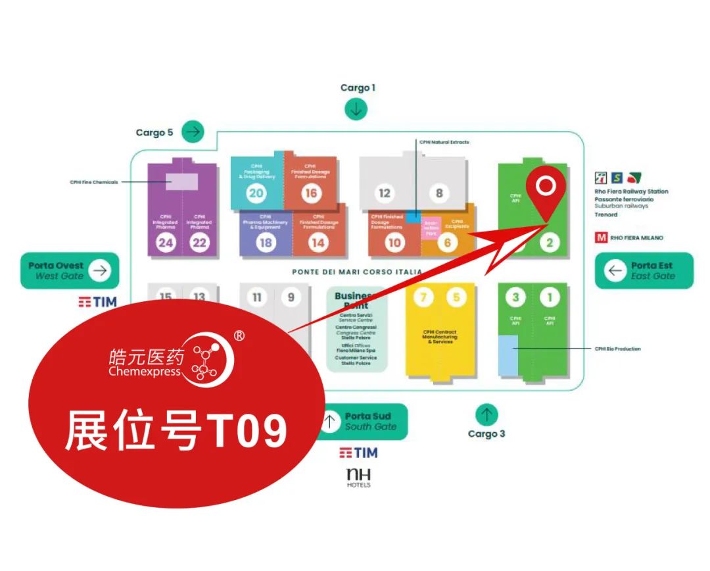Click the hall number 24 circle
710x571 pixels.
coord(165,243)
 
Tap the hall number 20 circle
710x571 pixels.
coord(256,193)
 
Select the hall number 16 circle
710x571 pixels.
coord(310,193)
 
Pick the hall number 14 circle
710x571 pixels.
coord(318,243)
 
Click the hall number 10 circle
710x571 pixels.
coord(394,243)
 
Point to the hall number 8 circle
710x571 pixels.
coord(439,193)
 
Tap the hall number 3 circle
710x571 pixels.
coord(515,298)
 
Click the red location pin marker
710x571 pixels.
coord(545,191)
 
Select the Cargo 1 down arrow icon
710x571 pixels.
coord(356,109)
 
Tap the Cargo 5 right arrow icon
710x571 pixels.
coord(193,132)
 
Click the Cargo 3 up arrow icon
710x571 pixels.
coord(486,414)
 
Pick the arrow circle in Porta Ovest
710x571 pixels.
coord(100,270)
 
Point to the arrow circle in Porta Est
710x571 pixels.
coord(615,270)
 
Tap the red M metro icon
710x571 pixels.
coord(601,237)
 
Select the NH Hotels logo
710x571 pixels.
coord(358,478)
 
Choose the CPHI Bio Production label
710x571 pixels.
coord(617,349)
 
